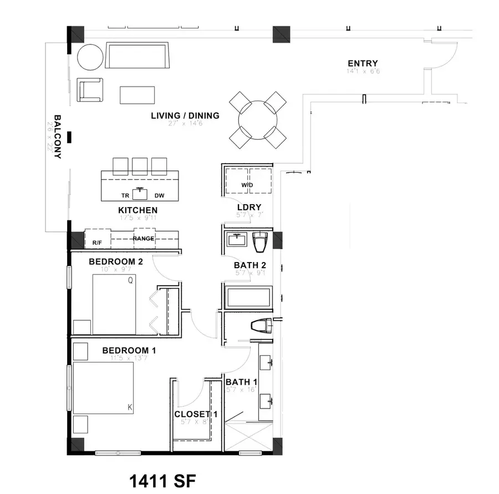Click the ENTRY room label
tap(363, 63)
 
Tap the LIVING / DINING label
tap(185, 116)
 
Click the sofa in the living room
tap(138, 56)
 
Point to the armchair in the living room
tap(90, 90)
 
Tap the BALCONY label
tap(57, 137)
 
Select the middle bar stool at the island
tap(140, 166)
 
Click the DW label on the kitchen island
tap(160, 195)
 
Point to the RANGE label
tap(143, 239)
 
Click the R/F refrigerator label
tap(96, 243)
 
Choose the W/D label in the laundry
tap(247, 185)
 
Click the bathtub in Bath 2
tap(248, 298)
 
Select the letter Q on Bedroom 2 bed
tap(130, 281)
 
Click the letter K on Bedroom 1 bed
tap(130, 407)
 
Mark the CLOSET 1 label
tap(192, 414)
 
